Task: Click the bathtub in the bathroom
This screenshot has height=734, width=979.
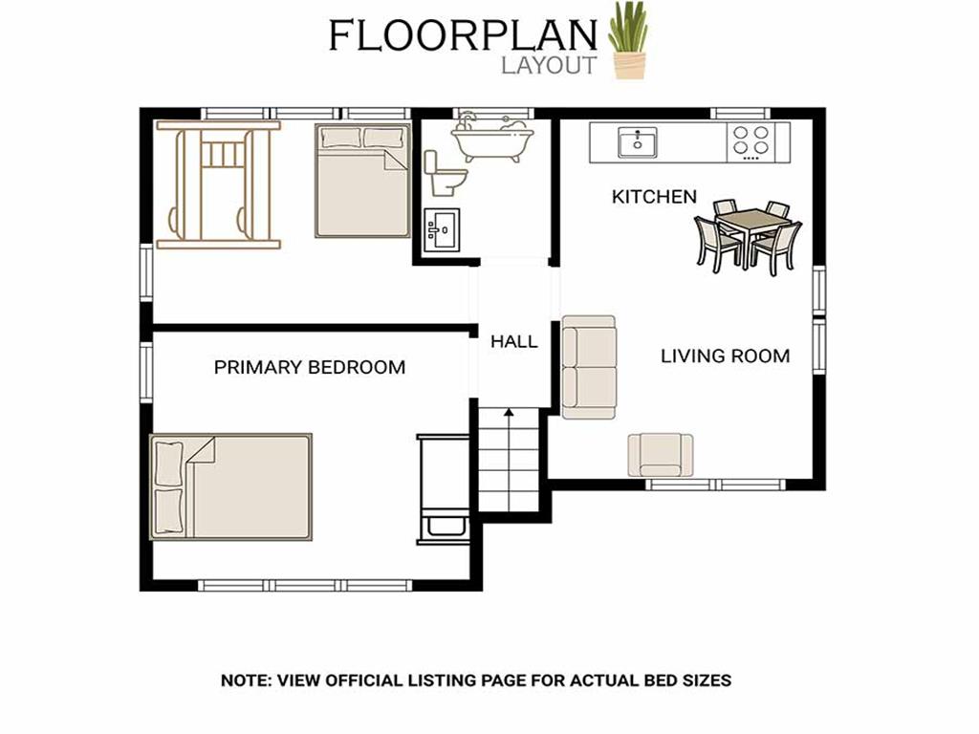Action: pos(492,141)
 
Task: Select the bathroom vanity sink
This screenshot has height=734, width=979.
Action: pos(442,230)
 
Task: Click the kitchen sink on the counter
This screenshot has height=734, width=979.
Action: pos(637,143)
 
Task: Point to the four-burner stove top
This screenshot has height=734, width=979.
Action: pos(751,141)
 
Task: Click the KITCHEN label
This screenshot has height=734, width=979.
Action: pos(654,197)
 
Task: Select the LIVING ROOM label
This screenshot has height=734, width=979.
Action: pos(725,356)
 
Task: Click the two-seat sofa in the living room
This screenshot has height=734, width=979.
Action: pos(589,367)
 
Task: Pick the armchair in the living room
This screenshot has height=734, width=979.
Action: pos(661,455)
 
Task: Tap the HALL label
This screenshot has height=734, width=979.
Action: pos(513,341)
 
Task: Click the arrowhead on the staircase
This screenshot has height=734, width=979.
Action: pos(509,412)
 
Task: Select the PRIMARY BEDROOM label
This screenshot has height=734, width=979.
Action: pos(310,367)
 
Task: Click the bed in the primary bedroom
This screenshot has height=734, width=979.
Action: pos(230,486)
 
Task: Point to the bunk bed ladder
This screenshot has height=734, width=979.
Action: pos(222,155)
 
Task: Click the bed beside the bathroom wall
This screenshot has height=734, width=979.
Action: pos(362,181)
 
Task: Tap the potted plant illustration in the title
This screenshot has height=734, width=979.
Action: pos(628,40)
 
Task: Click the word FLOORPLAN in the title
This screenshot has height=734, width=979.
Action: pos(463,35)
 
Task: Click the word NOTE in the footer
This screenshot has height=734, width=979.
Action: pos(244,680)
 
